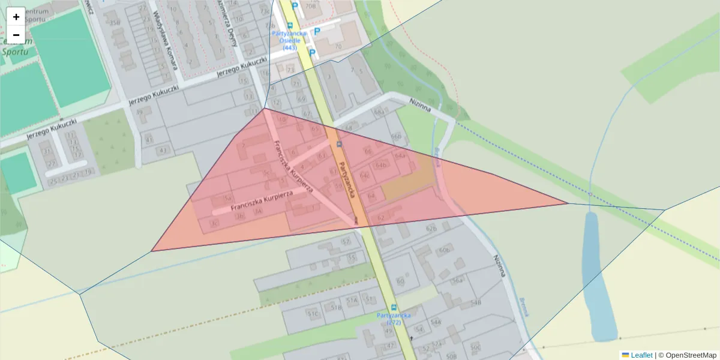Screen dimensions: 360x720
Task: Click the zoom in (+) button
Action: (x=16, y=17)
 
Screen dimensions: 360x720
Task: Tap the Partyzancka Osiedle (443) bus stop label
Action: (x=290, y=40)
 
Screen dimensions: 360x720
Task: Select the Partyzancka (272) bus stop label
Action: (x=394, y=318)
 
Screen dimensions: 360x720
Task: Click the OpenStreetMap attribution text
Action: (x=687, y=355)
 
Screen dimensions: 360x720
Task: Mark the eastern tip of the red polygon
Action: (x=568, y=203)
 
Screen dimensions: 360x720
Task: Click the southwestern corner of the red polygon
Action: (x=152, y=251)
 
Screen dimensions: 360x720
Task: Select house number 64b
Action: (x=380, y=165)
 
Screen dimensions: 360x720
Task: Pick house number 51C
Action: (x=312, y=314)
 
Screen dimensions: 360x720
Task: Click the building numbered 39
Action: (x=140, y=112)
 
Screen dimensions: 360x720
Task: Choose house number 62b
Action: (x=431, y=228)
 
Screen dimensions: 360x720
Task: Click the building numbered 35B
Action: (x=115, y=23)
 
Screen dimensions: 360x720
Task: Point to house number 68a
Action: (x=379, y=112)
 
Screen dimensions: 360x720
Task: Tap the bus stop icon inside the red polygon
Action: (x=340, y=144)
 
